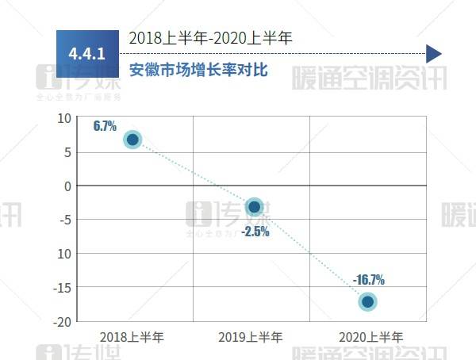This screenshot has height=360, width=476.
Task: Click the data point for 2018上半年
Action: [132, 140]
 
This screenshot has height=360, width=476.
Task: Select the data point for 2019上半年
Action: [254, 207]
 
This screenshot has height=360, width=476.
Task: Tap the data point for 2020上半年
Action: [367, 301]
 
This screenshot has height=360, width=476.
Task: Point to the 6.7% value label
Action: [105, 125]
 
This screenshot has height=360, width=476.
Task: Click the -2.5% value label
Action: [255, 232]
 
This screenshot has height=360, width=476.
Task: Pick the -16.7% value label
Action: [369, 279]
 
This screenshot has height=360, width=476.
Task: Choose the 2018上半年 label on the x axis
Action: [132, 337]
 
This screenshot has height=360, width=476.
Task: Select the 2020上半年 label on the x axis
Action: [370, 337]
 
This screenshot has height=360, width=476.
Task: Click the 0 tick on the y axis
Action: [67, 186]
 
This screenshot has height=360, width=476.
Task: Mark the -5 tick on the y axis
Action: [66, 220]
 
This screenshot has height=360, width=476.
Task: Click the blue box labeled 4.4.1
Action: [87, 54]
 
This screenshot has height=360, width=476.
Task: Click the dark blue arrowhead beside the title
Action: [433, 54]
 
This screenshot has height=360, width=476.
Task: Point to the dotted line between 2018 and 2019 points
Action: [193, 173]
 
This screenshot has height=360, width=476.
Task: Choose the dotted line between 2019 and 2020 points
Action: [311, 255]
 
